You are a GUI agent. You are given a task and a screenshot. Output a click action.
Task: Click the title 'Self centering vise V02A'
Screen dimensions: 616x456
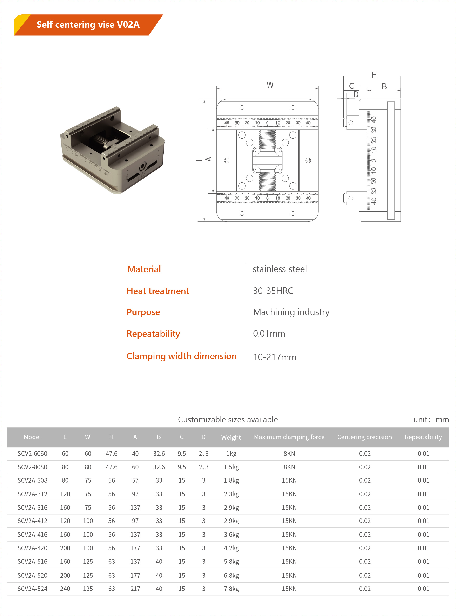[x=88, y=25]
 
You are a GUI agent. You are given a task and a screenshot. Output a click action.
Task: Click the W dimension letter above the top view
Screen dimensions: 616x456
[x=270, y=85]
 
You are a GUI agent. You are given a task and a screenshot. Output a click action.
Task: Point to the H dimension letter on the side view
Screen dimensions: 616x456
[x=374, y=75]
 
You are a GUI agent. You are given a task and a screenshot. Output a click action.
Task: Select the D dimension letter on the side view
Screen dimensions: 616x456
[x=356, y=95]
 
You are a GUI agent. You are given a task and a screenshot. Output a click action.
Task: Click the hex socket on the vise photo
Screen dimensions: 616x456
[x=143, y=166]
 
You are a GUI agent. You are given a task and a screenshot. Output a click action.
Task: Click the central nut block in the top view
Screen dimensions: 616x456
[x=267, y=160]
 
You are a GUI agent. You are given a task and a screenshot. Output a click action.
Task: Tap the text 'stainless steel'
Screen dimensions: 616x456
[x=279, y=269]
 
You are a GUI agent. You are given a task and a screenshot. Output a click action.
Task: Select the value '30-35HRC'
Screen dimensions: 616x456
[x=273, y=291]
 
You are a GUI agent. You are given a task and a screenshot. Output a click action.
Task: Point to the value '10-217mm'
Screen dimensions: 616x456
[x=275, y=357]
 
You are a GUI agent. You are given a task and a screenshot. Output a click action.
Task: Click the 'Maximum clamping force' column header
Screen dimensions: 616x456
[x=289, y=437]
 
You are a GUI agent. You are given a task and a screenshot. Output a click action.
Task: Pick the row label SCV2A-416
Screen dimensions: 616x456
[x=32, y=535]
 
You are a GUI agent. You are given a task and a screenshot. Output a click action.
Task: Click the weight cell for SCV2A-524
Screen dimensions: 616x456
[x=231, y=589]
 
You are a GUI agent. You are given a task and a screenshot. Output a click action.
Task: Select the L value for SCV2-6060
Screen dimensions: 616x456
[x=65, y=454]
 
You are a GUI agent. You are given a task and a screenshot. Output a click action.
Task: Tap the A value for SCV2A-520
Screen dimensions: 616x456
[x=135, y=576]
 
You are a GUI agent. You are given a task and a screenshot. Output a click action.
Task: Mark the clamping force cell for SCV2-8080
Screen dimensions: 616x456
[x=289, y=467]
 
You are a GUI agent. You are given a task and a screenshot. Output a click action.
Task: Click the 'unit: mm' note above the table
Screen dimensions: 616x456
[x=431, y=420]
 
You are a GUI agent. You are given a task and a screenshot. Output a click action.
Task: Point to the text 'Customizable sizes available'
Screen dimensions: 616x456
[x=228, y=420]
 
